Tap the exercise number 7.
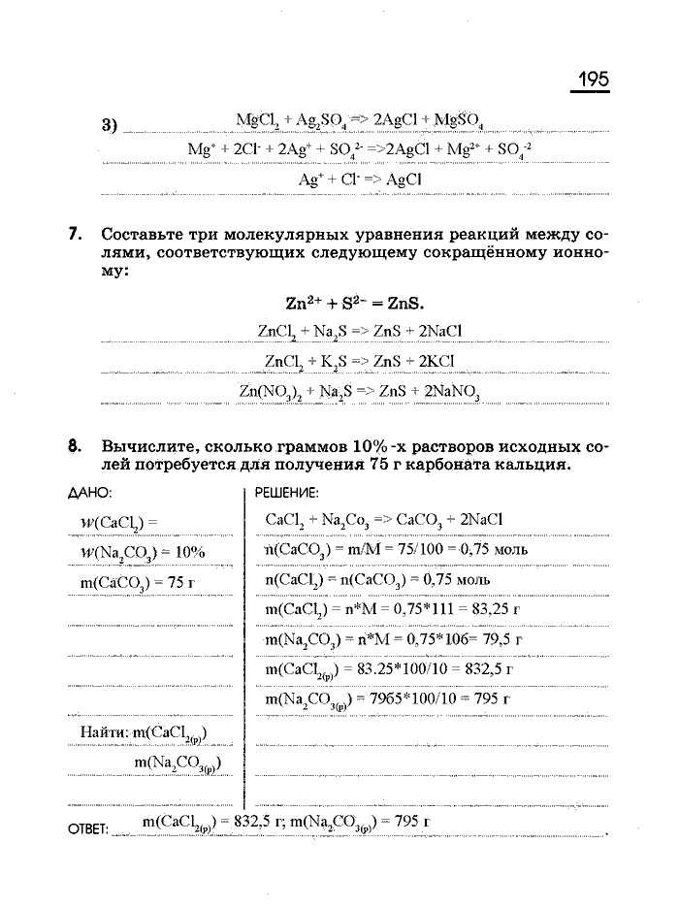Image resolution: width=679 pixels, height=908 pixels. click(x=75, y=235)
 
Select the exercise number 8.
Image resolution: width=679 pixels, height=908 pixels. click(x=75, y=447)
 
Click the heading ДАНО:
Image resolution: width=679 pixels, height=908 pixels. click(x=90, y=493)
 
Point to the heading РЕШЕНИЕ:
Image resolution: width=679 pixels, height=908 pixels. click(x=286, y=493)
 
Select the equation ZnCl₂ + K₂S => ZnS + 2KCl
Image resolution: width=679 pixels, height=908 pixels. click(x=360, y=362)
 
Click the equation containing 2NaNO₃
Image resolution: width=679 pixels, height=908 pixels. click(x=360, y=392)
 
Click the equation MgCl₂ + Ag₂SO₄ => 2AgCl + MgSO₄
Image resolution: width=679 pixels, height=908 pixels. click(x=360, y=120)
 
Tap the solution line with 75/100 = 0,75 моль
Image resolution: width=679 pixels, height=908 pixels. click(x=397, y=550)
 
